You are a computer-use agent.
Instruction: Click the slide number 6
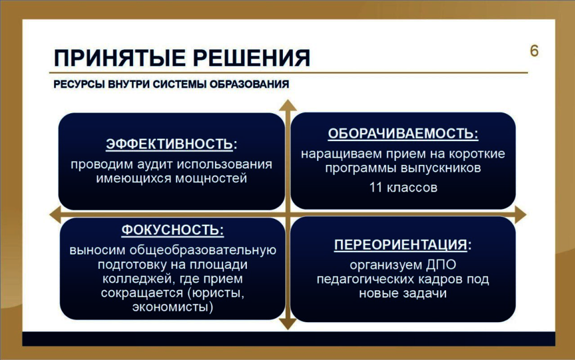tap(534, 51)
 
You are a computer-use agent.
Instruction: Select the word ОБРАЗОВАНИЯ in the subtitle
tap(249, 84)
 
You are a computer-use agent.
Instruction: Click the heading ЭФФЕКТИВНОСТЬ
tap(170, 143)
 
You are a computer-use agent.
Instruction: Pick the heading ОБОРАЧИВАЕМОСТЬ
tap(403, 134)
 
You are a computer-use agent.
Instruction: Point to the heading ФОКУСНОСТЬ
tap(172, 230)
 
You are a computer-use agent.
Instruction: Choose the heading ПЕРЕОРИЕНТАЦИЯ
tap(400, 244)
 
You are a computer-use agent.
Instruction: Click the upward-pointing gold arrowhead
tap(288, 105)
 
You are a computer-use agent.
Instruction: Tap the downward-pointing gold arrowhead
tap(288, 323)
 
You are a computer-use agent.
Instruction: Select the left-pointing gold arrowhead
tap(55, 214)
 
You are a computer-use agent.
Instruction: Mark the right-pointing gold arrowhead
tap(520, 214)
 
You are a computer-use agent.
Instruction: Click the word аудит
tap(156, 164)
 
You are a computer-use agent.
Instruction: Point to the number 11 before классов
tap(376, 188)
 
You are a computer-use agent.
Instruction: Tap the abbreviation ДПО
tap(441, 265)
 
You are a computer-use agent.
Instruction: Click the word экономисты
tap(171, 307)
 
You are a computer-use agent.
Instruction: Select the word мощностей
tap(211, 178)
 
